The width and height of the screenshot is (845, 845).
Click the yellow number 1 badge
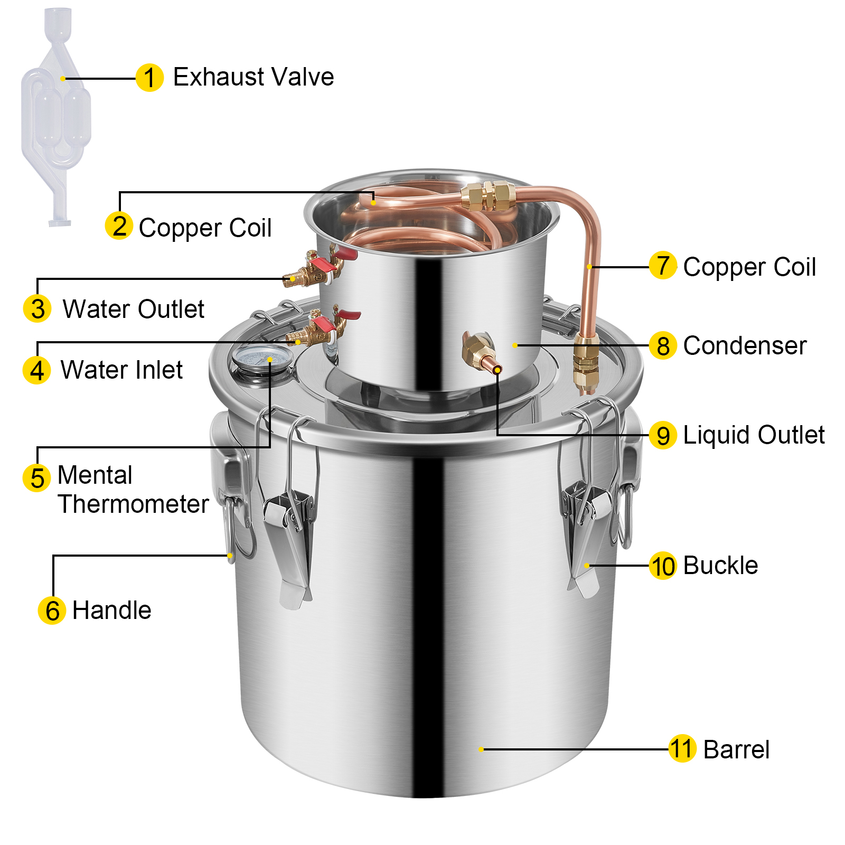tap(149, 78)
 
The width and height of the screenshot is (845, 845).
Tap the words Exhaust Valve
tap(253, 77)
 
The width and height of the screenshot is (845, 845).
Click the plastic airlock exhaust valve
tap(55, 116)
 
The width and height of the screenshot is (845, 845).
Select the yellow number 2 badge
tap(119, 226)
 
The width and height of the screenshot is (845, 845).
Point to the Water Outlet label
tap(133, 309)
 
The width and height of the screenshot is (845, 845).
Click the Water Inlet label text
tap(121, 370)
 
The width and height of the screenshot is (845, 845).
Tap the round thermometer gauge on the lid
tap(262, 359)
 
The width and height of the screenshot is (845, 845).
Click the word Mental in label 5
tap(95, 475)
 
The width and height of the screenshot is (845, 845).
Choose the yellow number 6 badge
tap(52, 611)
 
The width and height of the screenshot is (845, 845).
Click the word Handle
tap(112, 611)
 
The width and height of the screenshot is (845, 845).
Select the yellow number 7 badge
tap(663, 266)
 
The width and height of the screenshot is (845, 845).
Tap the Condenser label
tap(745, 346)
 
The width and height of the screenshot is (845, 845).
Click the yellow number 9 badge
tap(663, 436)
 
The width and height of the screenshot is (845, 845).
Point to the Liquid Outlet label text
tap(754, 435)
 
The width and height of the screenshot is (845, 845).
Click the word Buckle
tap(720, 566)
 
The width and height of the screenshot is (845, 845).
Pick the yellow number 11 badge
tap(682, 749)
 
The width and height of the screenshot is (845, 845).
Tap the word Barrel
tap(736, 750)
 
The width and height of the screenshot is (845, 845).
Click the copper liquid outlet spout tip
tap(496, 369)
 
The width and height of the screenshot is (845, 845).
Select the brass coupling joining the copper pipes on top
tap(488, 195)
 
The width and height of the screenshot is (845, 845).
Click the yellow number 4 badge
tap(36, 370)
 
